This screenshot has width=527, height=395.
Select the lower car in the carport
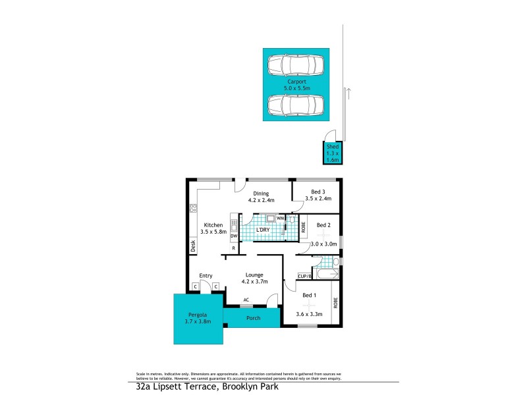click(x=296, y=105)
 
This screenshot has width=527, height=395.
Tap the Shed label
click(x=333, y=147)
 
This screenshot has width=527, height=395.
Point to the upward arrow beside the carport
click(x=349, y=93)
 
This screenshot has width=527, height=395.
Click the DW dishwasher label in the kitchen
click(x=234, y=236)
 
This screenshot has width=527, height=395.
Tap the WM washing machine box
click(x=280, y=218)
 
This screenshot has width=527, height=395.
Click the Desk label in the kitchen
click(x=193, y=246)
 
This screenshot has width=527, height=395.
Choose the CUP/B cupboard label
click(x=304, y=276)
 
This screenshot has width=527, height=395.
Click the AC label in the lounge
click(x=246, y=300)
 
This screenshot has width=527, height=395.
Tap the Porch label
click(x=253, y=318)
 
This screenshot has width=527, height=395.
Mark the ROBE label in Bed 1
click(x=335, y=303)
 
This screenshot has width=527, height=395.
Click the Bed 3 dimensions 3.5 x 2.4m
click(x=316, y=198)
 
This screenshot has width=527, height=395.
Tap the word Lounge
click(x=254, y=275)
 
